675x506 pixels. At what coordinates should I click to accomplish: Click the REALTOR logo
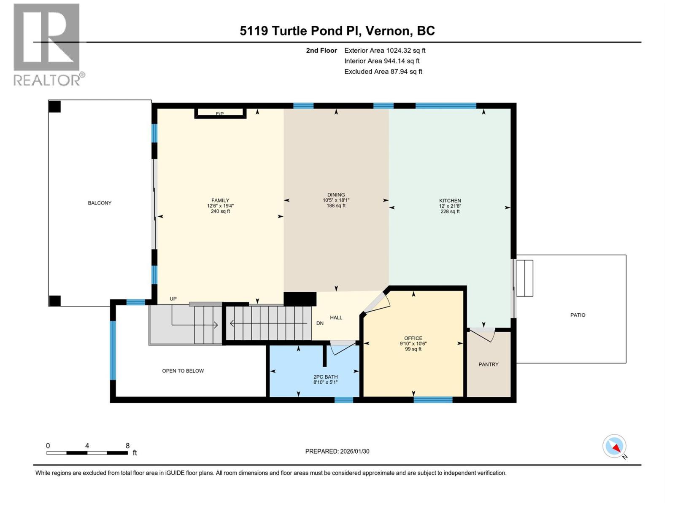(47, 44)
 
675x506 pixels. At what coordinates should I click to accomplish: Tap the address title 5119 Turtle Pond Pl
(337, 31)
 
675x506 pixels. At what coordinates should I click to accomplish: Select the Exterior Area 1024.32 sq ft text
(384, 51)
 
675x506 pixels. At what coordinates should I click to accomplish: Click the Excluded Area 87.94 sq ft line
(383, 72)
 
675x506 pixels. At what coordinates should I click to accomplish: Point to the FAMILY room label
(220, 201)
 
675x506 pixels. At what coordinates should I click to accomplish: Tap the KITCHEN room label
(450, 201)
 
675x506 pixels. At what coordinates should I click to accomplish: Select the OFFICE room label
(413, 338)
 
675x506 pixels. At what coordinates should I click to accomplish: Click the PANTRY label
(488, 364)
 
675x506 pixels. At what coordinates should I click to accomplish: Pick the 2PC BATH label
(325, 377)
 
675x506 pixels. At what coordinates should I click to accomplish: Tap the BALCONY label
(100, 203)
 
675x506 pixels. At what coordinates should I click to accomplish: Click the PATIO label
(578, 315)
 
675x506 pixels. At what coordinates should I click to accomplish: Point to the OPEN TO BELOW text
(183, 371)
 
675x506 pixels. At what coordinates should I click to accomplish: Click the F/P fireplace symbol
(220, 113)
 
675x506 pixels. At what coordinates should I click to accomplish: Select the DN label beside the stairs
(320, 323)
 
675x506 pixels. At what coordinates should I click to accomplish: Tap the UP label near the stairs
(173, 299)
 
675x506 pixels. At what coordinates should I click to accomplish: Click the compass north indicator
(615, 447)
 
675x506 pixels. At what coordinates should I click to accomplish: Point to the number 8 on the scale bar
(127, 446)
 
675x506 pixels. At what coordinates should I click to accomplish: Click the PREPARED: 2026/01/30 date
(337, 451)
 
